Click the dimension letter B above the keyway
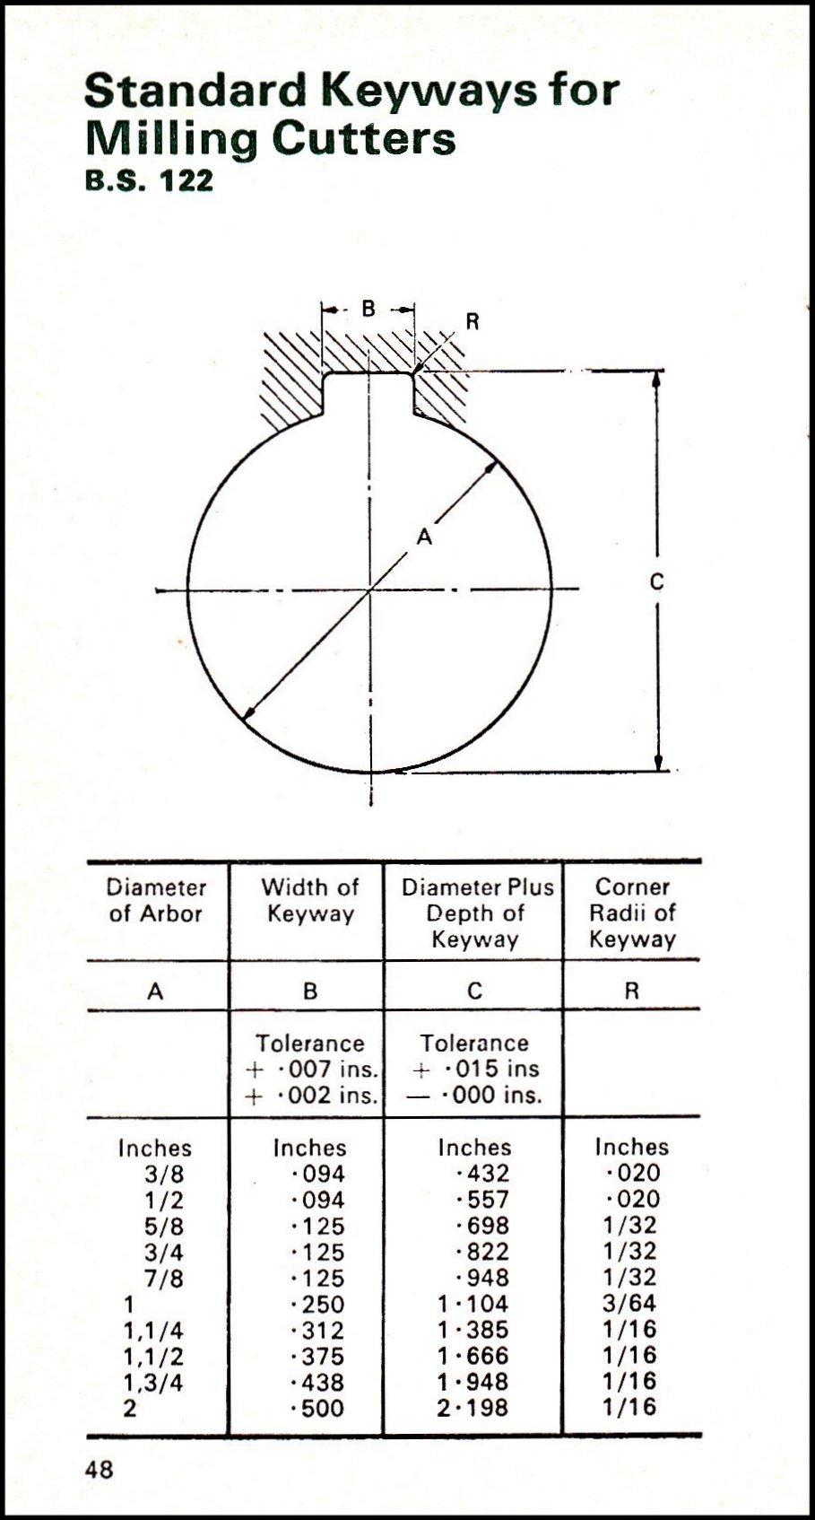[368, 310]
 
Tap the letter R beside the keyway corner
[473, 322]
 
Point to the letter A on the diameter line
[424, 537]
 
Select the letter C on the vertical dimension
[656, 582]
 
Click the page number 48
[99, 1470]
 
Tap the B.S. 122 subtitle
[149, 180]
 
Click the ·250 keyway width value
[318, 1305]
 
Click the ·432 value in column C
[482, 1174]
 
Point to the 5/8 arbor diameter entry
[164, 1227]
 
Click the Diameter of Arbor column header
[156, 901]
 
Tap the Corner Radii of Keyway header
[632, 913]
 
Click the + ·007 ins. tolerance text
[311, 1070]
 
